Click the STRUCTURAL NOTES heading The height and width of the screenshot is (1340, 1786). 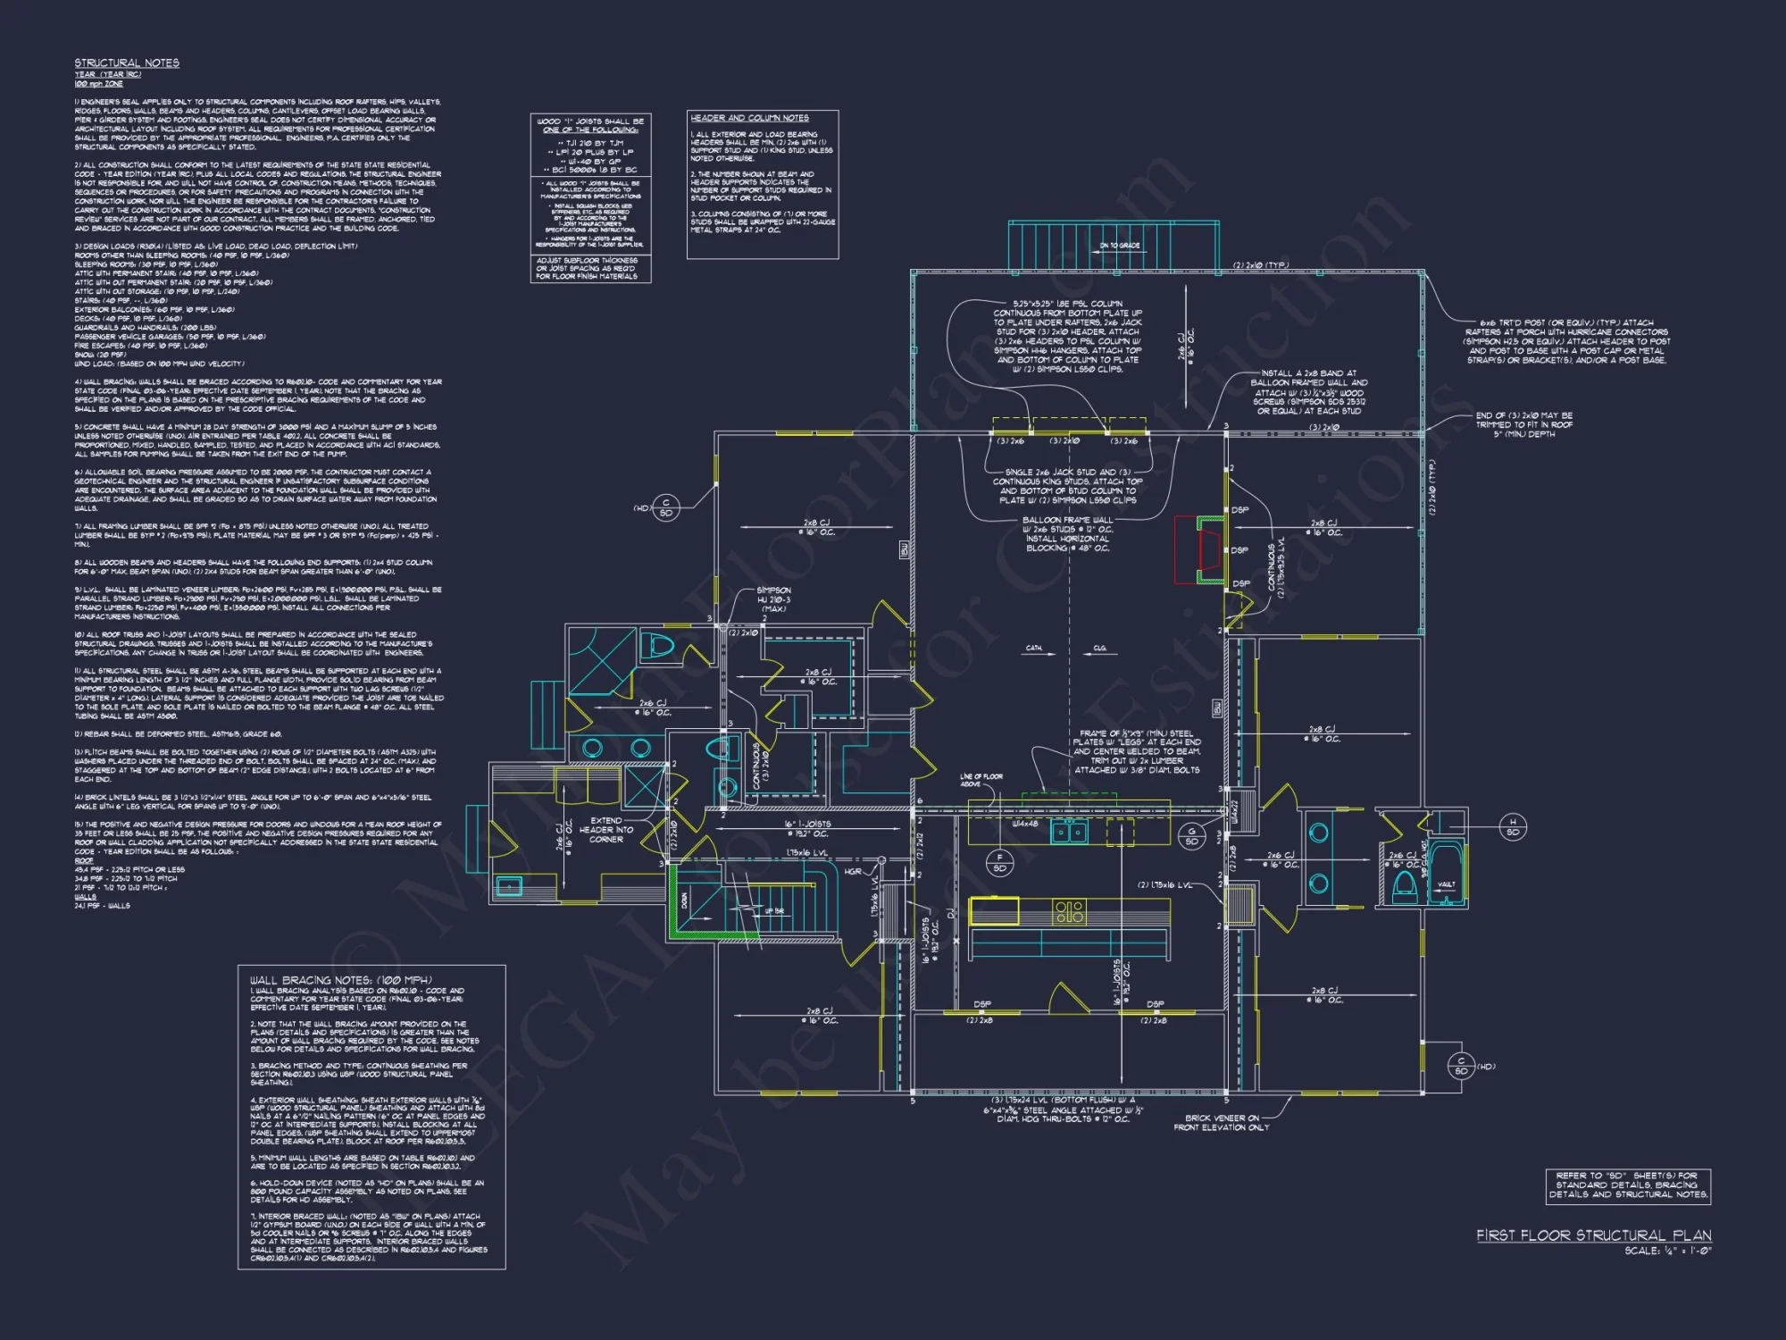127,63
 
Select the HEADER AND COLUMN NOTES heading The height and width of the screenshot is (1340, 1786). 749,118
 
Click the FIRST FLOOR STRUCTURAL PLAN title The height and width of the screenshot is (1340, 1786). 1593,1235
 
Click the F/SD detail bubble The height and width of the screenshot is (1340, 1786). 999,862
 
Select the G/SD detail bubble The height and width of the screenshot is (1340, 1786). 1191,836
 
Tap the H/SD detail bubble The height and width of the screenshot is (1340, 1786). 1512,826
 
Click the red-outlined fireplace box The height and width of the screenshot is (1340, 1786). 1197,549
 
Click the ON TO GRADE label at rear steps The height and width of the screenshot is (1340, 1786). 1119,245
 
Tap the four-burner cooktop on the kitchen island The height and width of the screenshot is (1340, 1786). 1069,912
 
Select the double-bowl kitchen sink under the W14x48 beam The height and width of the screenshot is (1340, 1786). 1068,833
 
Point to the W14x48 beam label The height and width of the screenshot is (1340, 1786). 1024,824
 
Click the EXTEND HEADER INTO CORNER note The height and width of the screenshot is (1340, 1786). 606,829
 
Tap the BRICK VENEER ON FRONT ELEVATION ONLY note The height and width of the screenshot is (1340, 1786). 1221,1122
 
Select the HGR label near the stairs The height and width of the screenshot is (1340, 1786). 853,871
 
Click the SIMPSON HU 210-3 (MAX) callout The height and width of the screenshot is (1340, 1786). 773,599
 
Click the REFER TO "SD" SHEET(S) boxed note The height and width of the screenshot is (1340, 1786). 1628,1185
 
